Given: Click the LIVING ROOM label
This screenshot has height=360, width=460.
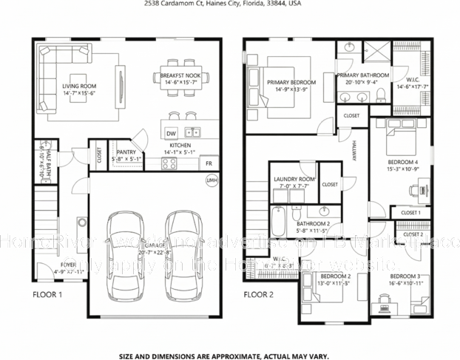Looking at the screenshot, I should pyautogui.click(x=79, y=86).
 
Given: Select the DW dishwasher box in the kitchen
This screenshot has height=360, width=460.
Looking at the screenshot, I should pyautogui.click(x=171, y=133).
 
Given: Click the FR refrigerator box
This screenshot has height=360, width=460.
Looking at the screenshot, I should pyautogui.click(x=209, y=163).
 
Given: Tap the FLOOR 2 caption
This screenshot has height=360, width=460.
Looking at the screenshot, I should pyautogui.click(x=260, y=294).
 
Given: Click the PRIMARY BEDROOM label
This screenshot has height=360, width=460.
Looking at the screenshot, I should pyautogui.click(x=291, y=82).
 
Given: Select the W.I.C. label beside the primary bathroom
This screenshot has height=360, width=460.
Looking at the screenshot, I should pyautogui.click(x=413, y=79).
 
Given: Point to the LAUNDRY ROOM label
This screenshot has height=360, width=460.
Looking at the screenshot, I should pyautogui.click(x=294, y=179).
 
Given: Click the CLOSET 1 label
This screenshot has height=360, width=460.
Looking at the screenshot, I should pyautogui.click(x=410, y=213).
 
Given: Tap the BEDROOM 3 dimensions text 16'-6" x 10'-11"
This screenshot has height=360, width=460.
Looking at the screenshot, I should pyautogui.click(x=404, y=283).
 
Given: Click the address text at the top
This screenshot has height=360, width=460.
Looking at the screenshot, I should pyautogui.click(x=229, y=4).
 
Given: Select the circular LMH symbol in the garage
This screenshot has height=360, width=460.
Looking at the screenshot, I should pyautogui.click(x=212, y=181).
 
